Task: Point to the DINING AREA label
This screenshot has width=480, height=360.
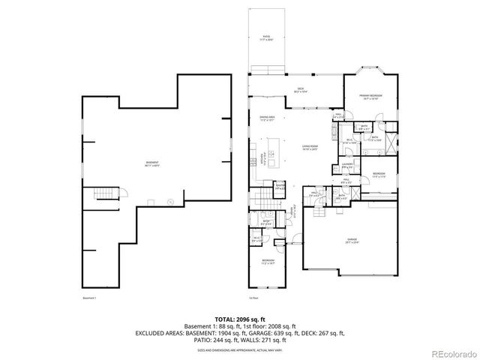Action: [x=266, y=118]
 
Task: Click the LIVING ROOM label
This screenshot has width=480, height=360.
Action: [x=310, y=148]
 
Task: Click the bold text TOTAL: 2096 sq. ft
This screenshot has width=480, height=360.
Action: [x=239, y=319]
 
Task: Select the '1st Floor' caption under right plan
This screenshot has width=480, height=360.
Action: [x=254, y=298]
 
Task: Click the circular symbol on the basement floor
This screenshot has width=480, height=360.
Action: [x=170, y=201]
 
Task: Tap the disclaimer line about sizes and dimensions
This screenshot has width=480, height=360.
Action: [x=239, y=349]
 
